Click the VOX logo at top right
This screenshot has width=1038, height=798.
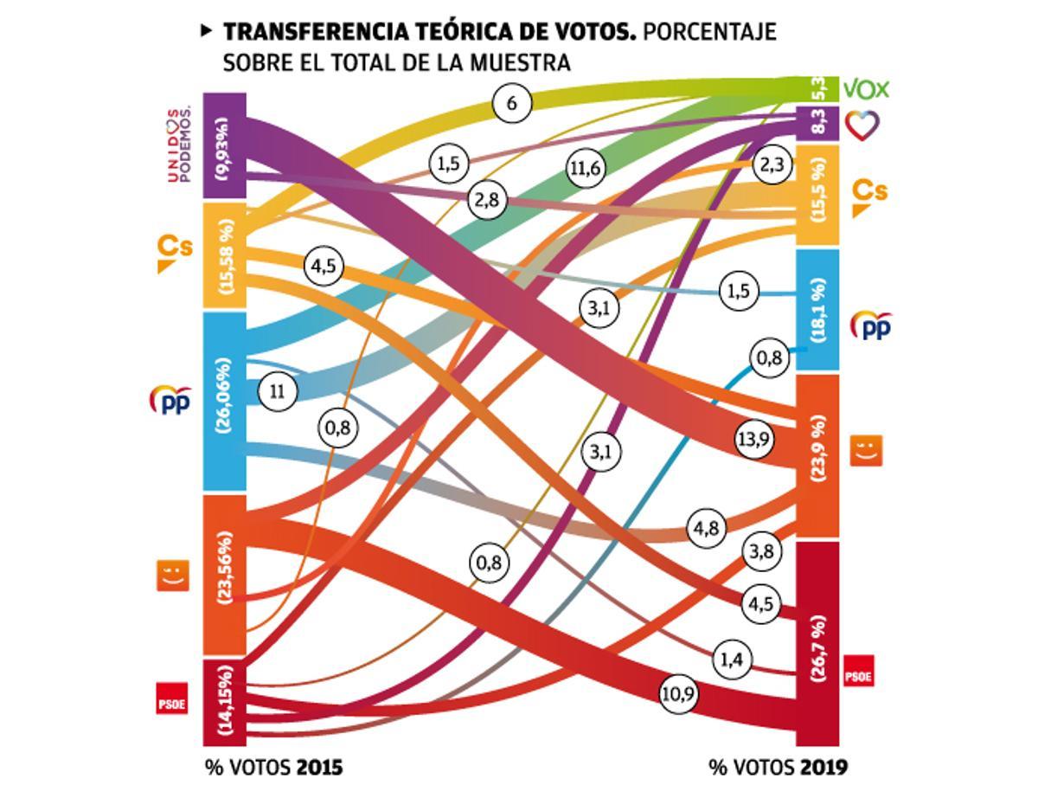point(866,89)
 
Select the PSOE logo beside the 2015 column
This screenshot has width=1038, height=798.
point(172,699)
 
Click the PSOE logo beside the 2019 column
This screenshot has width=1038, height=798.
point(857,672)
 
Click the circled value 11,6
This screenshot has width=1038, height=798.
point(585,169)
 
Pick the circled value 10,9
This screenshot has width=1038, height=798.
point(679,694)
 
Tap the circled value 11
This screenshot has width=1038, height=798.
point(278,391)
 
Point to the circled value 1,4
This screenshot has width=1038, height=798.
point(732,660)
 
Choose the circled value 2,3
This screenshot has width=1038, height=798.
point(772,164)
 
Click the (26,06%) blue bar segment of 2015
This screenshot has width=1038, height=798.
point(225,402)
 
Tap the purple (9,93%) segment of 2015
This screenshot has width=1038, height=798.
point(225,146)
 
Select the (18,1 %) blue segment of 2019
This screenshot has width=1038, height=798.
point(817,310)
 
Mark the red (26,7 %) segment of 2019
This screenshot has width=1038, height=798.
point(817,644)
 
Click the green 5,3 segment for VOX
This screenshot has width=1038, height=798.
point(817,88)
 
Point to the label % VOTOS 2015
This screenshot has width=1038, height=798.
point(273,768)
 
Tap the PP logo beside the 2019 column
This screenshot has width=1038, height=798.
point(870,325)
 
